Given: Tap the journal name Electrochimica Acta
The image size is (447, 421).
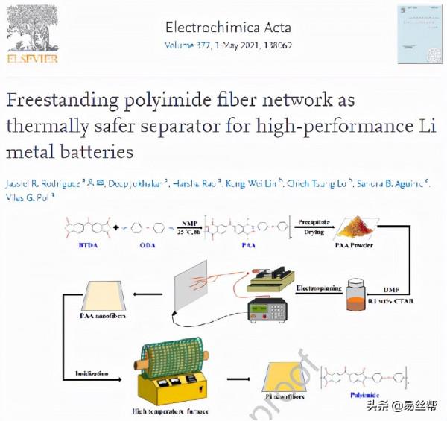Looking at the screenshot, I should click(x=227, y=28).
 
